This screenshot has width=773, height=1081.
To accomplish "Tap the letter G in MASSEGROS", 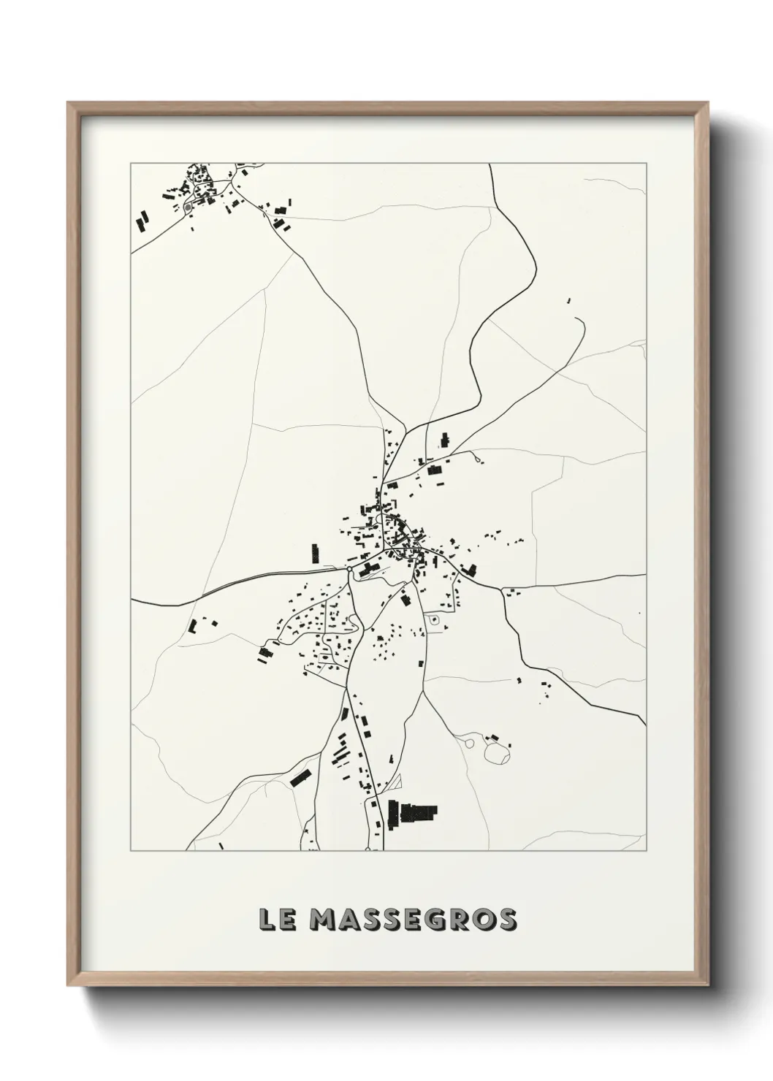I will pos(454,920).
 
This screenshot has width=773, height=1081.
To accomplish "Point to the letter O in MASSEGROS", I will pos(489,920).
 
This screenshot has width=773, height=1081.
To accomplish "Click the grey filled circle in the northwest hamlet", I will pos(188,207).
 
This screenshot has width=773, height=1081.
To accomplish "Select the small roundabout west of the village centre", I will pos(349,568).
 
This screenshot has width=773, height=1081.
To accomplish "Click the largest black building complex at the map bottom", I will pos(413,813).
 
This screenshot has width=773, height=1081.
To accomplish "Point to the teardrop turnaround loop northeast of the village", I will pos(478,459).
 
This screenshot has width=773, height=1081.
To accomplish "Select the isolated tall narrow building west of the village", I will pos(316,553).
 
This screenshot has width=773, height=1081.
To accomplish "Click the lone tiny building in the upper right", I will pos(568,300).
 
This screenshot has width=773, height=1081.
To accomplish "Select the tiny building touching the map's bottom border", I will pos(221,847).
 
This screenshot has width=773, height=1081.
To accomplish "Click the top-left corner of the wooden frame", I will pos(69,103).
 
